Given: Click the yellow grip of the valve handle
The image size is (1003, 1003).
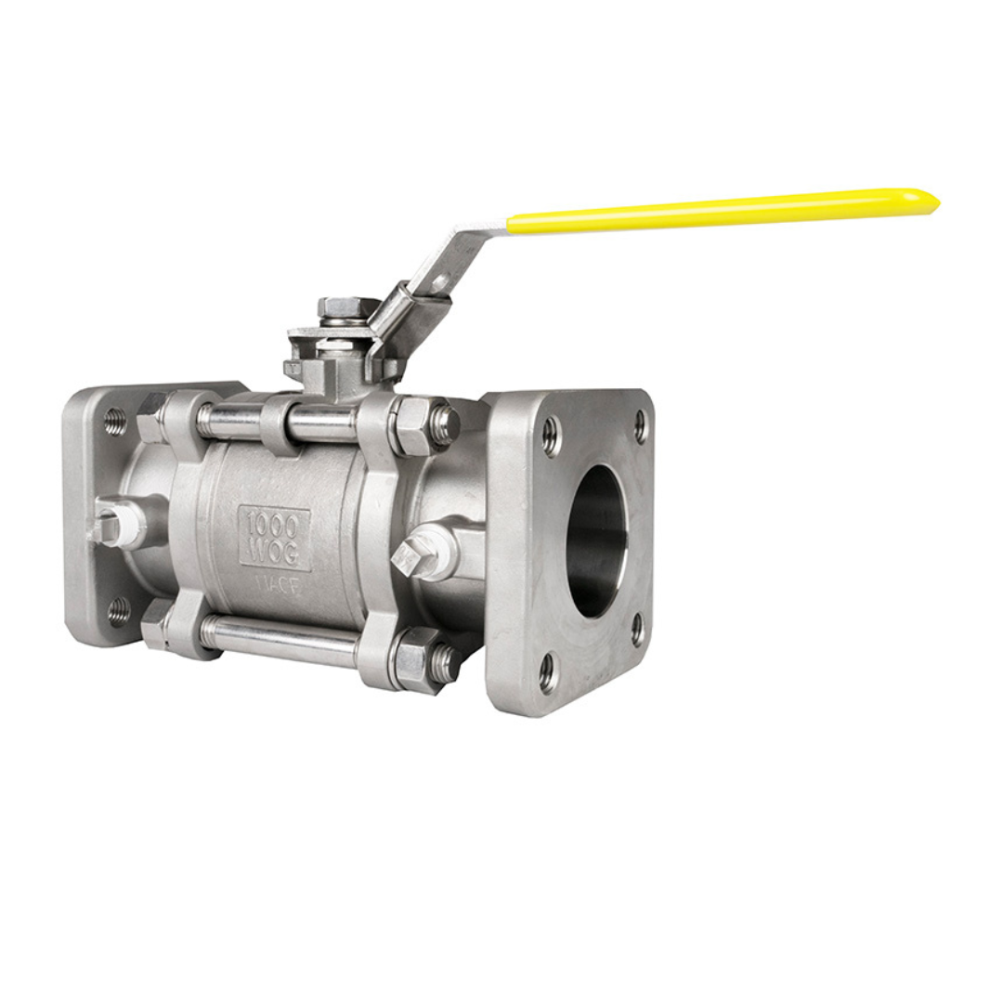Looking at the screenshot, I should point(715,211).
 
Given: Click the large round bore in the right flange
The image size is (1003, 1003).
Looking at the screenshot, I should point(597,541).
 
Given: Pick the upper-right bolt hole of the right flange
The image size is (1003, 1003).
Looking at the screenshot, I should point(640,425).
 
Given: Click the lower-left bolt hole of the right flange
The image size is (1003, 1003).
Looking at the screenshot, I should point(547,671).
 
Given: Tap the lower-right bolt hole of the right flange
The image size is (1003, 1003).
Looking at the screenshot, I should point(637,629).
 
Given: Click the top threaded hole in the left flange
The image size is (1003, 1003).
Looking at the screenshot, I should point(115,423).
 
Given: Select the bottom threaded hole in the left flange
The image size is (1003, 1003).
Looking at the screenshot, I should point(118,610).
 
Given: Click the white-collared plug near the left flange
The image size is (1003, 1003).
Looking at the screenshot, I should point(118,524).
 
